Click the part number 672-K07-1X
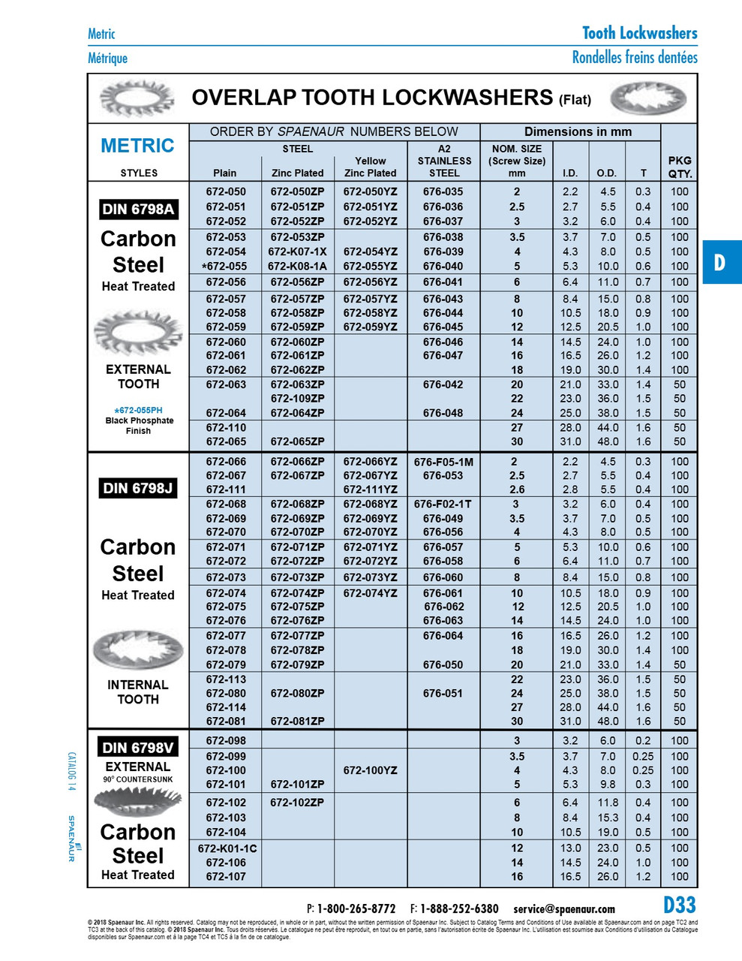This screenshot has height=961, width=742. click(x=297, y=252)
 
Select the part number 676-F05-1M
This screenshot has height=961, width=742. click(x=443, y=462)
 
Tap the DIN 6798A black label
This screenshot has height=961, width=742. click(x=138, y=209)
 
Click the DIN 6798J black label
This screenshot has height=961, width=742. click(x=138, y=489)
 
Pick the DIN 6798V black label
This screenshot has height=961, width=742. click(x=138, y=747)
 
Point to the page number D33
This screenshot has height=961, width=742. click(x=679, y=905)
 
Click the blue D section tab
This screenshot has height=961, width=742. click(x=720, y=262)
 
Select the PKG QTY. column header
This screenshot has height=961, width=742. click(x=679, y=167)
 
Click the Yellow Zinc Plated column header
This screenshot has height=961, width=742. click(x=370, y=167)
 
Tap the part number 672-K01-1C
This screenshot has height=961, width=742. click(x=227, y=848)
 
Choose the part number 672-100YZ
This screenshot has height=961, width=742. click(x=370, y=770)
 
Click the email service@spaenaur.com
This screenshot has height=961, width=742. click(x=564, y=909)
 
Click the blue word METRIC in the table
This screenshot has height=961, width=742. click(x=137, y=146)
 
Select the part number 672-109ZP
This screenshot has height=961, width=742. click(x=297, y=399)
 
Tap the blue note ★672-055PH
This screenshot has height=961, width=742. click(x=138, y=410)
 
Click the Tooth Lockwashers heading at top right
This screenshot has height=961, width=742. click(x=639, y=33)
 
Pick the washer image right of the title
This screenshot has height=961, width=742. click(x=648, y=98)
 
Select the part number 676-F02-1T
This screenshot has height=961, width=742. click(x=443, y=504)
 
